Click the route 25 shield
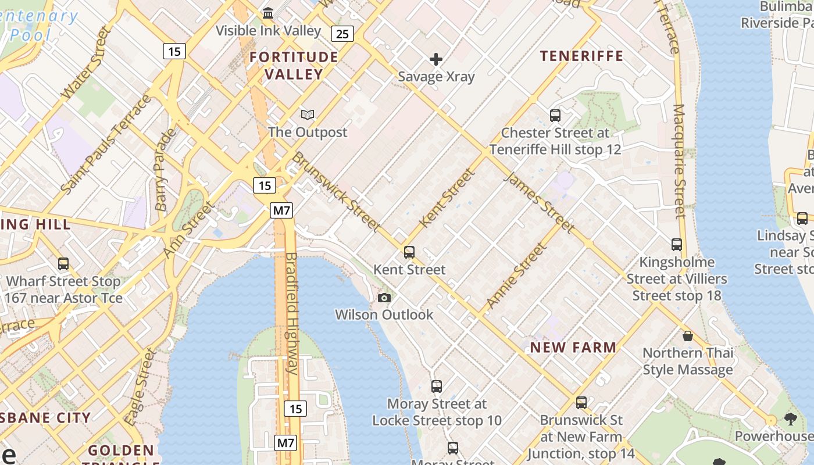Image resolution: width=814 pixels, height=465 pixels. point(342,34)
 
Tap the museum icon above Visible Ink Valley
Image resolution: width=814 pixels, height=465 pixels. point(269,13)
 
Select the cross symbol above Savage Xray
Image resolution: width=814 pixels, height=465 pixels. point(436,59)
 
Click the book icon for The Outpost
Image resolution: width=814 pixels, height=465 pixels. point(308,115)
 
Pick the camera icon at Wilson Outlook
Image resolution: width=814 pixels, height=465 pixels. point(384,298)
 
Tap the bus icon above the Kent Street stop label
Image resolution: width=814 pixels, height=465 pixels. point(409,252)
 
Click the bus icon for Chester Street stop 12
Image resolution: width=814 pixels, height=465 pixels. point(555,116)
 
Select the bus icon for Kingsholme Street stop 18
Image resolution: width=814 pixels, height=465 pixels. point(677,245)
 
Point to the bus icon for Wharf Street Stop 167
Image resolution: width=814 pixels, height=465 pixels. point(63,264)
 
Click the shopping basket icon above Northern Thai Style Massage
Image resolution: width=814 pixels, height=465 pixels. point(688,336)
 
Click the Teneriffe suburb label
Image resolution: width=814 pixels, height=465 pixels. point(581,56)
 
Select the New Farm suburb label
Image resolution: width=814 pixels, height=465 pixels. point(573,348)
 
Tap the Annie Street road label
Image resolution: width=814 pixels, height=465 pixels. point(516,275)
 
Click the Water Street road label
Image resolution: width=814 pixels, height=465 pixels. point(85,62)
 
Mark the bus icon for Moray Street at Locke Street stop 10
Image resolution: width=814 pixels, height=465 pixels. point(437,387)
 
